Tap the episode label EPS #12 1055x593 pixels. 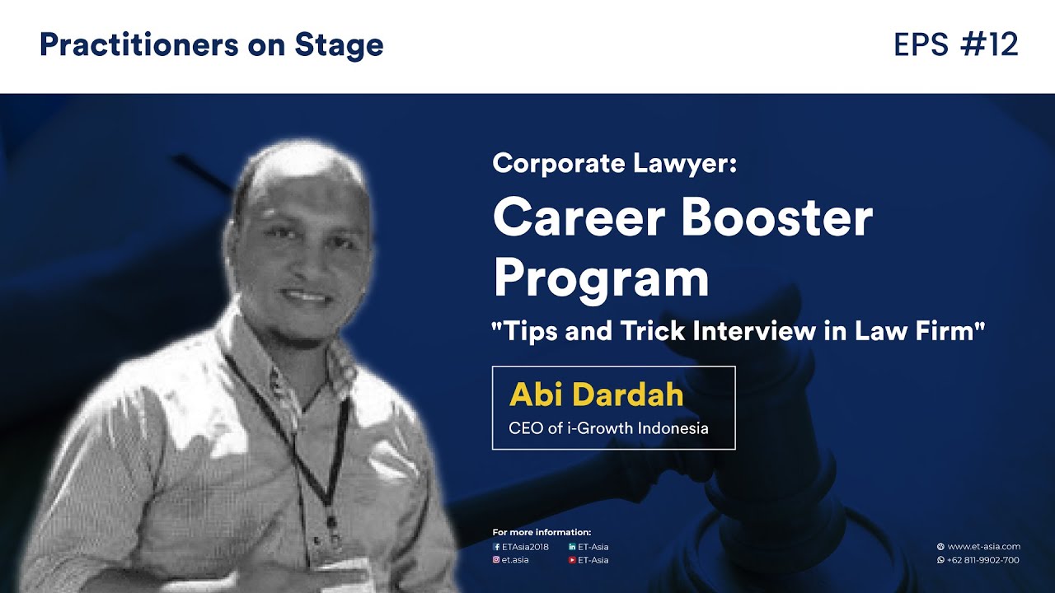point(955,45)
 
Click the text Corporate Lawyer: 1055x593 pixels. point(613,163)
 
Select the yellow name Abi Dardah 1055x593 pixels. point(596,395)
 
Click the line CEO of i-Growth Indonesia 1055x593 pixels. point(608,428)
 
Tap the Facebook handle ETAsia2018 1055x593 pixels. point(524,547)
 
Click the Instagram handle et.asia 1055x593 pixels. point(514,560)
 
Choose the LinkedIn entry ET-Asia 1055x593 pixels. point(592,547)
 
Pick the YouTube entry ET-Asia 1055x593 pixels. point(592,560)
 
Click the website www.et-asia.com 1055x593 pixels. point(983,546)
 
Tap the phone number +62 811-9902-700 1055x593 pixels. point(983,560)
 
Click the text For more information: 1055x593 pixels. point(542,532)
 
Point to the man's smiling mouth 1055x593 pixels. point(307,294)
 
